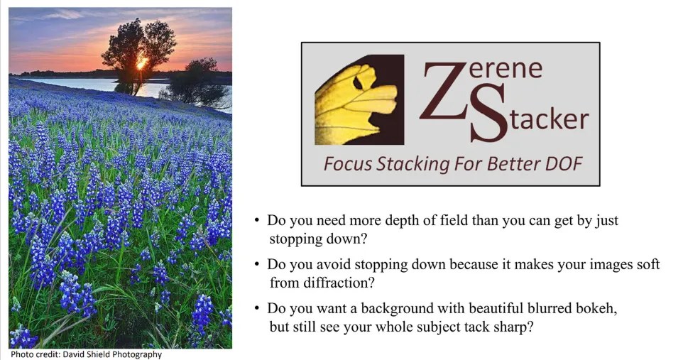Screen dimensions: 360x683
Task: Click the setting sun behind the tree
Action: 141,62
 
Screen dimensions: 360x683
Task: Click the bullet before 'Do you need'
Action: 256,221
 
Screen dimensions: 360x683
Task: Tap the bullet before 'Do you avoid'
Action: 256,265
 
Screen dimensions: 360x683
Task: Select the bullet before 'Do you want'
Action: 256,309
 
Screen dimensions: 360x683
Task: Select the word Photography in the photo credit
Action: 137,354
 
